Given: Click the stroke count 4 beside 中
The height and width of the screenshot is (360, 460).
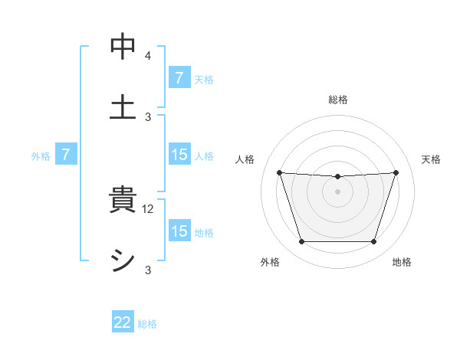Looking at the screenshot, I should (147, 56).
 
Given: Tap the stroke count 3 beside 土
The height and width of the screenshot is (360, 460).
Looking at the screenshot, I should (147, 116).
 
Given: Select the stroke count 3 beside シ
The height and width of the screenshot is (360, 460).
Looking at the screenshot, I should (147, 270).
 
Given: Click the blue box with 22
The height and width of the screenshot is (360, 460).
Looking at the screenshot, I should (123, 323).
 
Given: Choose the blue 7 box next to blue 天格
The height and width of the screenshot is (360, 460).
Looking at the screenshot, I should (179, 78).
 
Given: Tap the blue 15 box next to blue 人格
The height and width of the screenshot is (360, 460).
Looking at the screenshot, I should (179, 155).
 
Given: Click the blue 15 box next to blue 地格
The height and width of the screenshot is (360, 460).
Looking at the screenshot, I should (179, 231).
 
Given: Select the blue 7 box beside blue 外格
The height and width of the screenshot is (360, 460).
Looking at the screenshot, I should (66, 155).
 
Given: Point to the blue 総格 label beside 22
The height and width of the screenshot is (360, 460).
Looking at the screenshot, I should (147, 324).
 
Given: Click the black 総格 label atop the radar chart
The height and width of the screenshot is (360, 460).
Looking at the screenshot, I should (337, 100).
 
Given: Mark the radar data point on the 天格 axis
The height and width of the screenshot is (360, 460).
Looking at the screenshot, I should (396, 173).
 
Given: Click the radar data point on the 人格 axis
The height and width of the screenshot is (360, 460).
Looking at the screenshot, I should (279, 173).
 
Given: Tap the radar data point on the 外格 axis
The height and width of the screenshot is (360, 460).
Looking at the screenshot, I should (301, 242).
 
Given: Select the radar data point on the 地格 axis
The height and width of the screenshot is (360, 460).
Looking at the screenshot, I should (373, 242).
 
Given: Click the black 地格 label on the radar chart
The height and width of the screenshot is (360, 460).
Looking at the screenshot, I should (402, 263).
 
